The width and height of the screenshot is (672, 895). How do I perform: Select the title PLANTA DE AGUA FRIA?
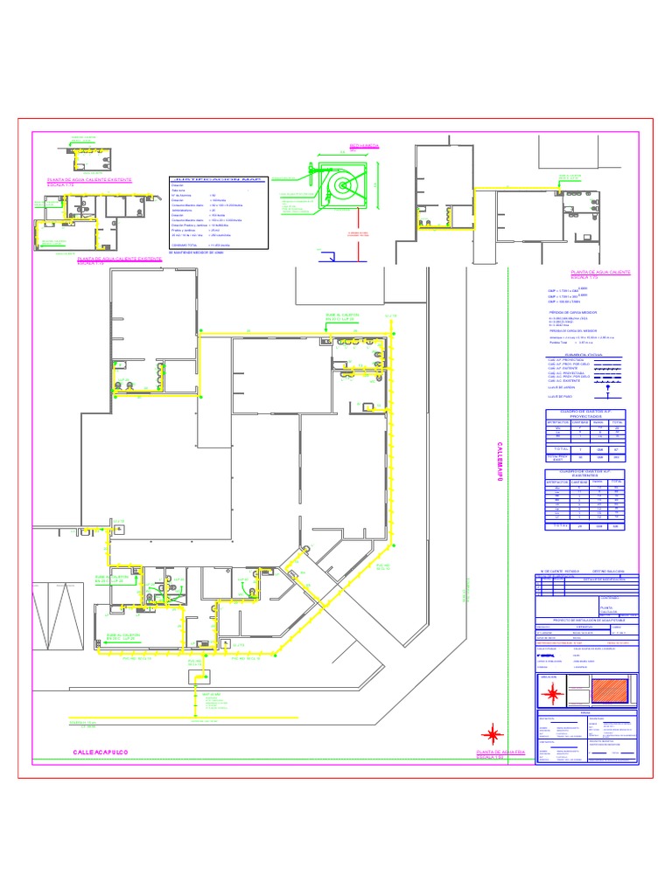click(500, 752)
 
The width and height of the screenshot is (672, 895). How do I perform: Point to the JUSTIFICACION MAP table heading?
click(215, 179)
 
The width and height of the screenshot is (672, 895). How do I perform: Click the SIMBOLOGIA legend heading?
click(585, 355)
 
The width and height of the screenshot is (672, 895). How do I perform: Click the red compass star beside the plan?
click(494, 731)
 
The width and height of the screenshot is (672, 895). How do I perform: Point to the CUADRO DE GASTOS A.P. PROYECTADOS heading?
click(585, 414)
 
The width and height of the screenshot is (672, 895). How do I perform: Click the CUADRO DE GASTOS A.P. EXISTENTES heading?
click(585, 474)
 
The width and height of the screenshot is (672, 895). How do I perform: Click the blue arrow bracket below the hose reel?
click(330, 256)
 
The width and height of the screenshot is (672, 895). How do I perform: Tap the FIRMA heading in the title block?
click(586, 712)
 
